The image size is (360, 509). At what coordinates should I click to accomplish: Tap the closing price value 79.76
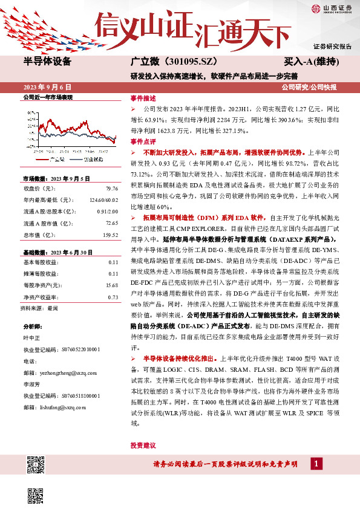pos(112,188)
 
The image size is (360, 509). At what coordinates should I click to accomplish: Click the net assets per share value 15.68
pos(111,285)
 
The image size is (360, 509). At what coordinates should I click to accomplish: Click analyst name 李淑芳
pos(33,384)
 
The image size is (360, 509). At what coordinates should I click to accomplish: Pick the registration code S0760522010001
pos(80,350)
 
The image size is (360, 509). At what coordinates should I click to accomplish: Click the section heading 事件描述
pos(143,98)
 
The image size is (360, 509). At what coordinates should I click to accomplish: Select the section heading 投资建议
pos(143,445)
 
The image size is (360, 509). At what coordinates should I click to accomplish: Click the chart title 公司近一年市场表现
pos(47,97)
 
